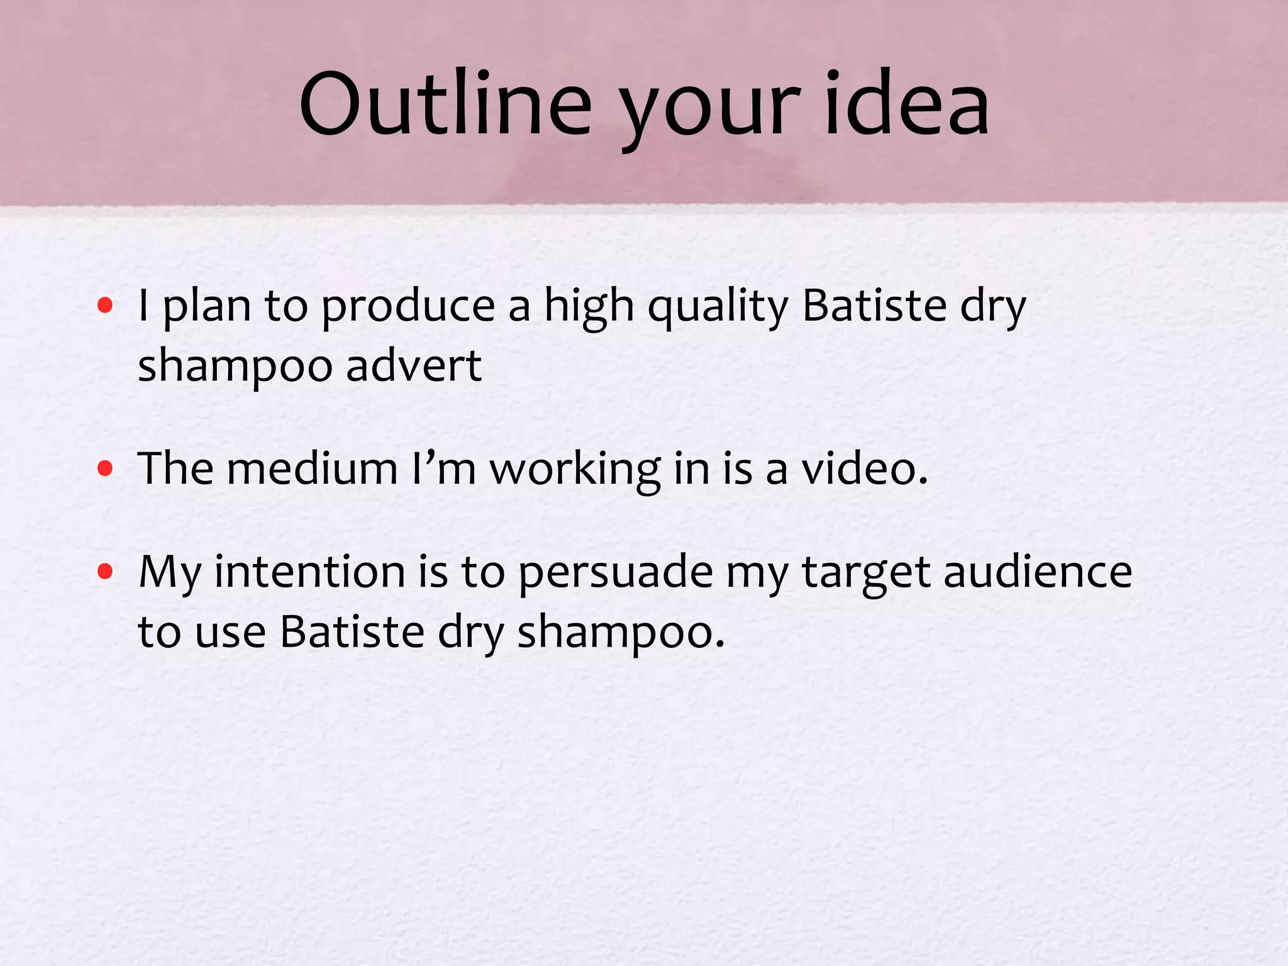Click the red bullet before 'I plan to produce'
pos(105,306)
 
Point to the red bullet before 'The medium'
pos(105,469)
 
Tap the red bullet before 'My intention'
pos(105,572)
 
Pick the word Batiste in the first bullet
pos(875,306)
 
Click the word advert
pos(414,365)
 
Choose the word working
pos(575,470)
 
